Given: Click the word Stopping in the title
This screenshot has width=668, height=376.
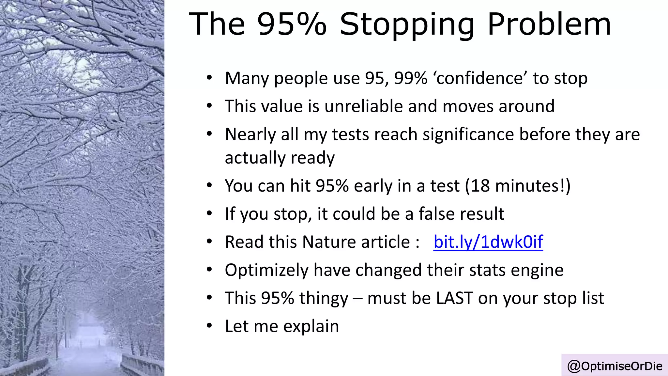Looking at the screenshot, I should (x=407, y=24).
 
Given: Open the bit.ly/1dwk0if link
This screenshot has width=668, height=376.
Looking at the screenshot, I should (x=488, y=242).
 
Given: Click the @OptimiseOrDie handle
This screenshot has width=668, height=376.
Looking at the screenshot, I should (x=615, y=366).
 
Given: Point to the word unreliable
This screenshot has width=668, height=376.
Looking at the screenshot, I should (x=364, y=106).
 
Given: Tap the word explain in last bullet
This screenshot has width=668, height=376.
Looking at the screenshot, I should (x=311, y=326).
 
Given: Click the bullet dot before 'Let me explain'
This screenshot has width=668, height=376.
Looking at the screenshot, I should (x=209, y=326).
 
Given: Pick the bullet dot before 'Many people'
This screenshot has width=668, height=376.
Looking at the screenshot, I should (x=209, y=78).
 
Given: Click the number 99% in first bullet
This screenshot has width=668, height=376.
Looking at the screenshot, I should (x=411, y=78).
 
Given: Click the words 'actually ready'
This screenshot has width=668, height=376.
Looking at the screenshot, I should (x=280, y=158).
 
